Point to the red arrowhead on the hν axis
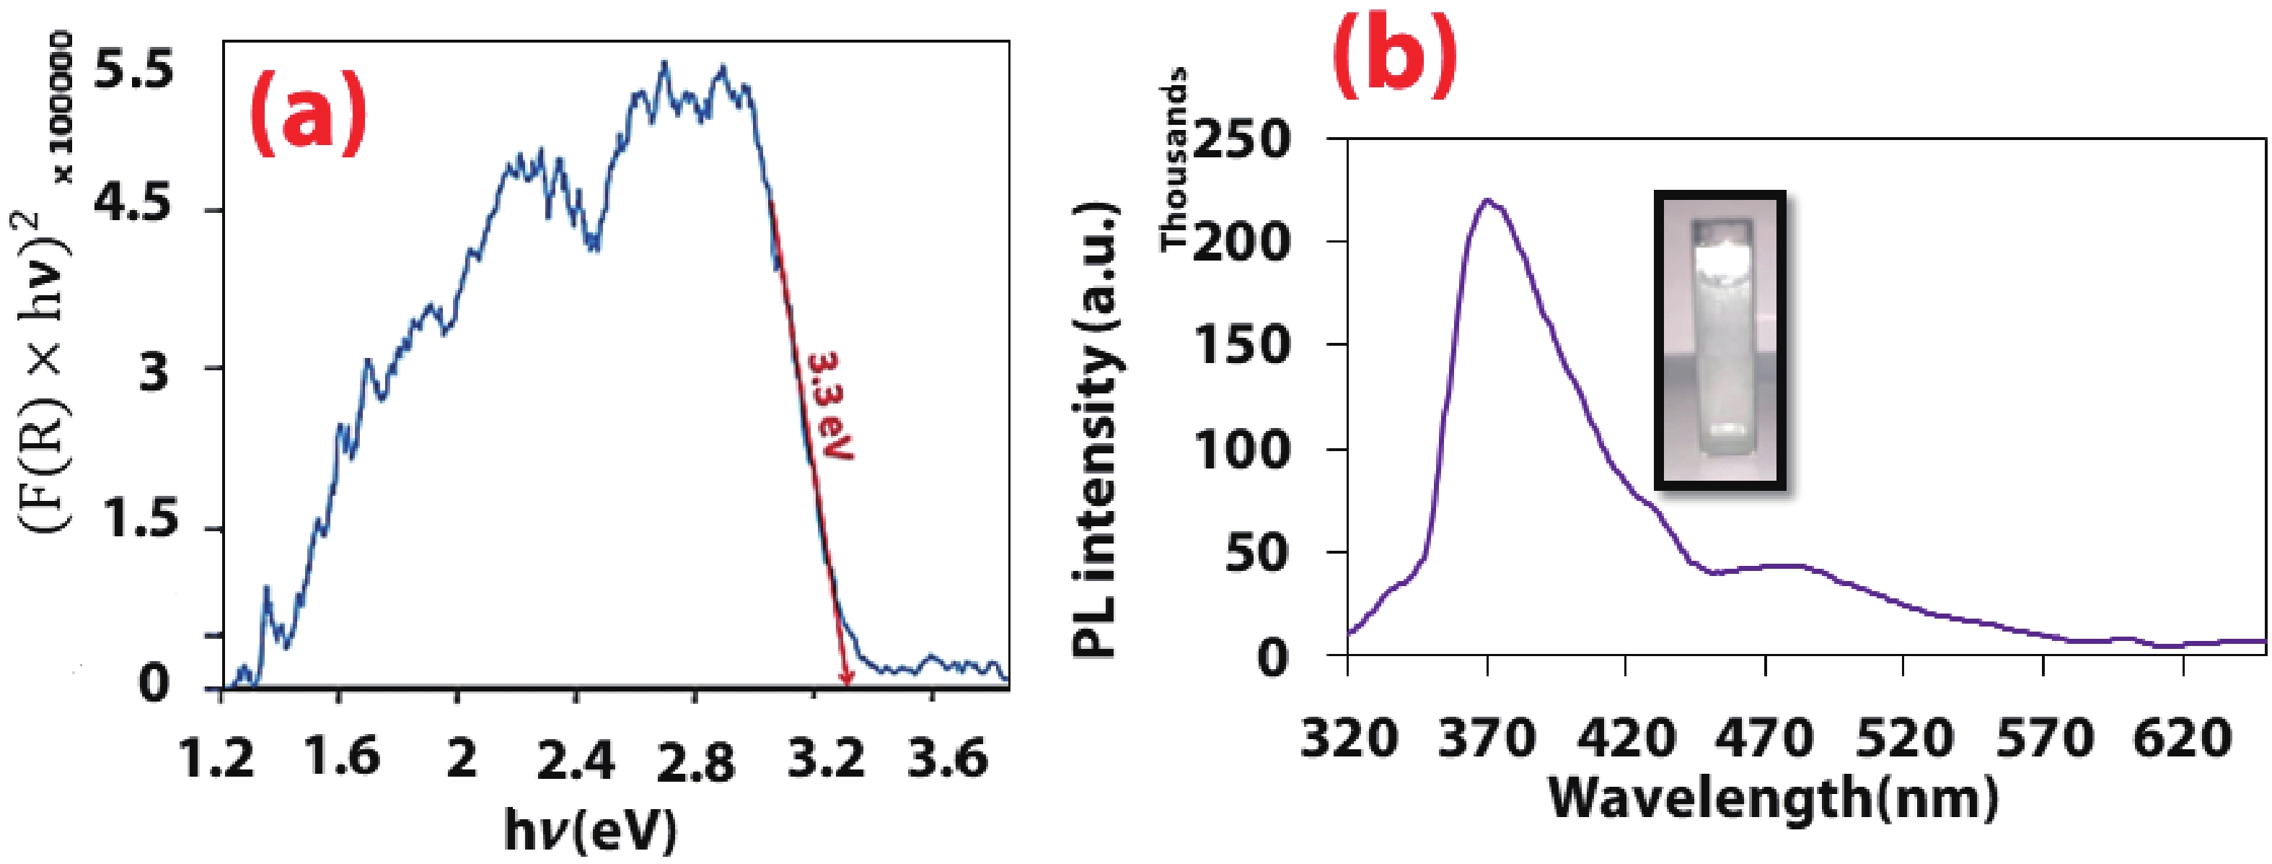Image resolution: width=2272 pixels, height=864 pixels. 847,678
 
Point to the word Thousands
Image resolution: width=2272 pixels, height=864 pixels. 1175,159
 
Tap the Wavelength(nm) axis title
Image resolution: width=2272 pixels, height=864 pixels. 1773,799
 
